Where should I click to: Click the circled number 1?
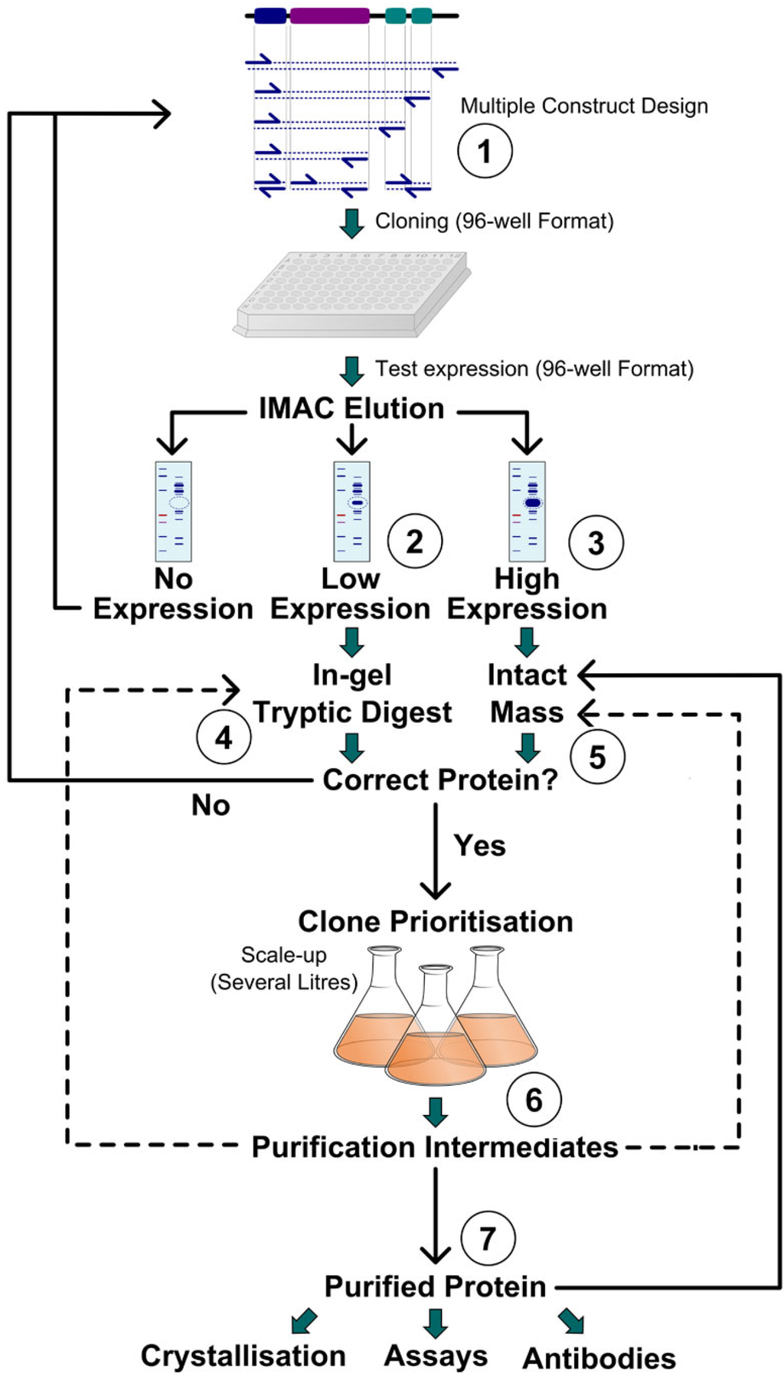(x=485, y=151)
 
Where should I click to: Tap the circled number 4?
(x=224, y=737)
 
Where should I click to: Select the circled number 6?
(x=534, y=1100)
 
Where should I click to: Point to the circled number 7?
(x=488, y=1238)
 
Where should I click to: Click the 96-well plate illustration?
(x=352, y=295)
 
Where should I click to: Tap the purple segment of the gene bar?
(x=329, y=15)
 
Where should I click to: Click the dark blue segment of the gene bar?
(x=269, y=15)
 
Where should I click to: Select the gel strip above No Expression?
(x=173, y=511)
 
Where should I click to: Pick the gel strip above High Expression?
(x=528, y=511)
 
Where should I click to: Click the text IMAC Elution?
(x=351, y=408)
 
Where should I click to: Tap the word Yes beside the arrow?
(x=479, y=845)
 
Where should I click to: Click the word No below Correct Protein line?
(x=211, y=805)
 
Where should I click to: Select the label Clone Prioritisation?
(x=435, y=921)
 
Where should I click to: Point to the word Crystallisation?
(x=243, y=1355)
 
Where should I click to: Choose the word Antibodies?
(x=599, y=1358)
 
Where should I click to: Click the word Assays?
(x=436, y=1355)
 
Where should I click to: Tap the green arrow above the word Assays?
(x=436, y=1323)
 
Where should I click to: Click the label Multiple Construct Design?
(x=583, y=106)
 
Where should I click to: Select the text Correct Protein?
(x=440, y=780)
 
